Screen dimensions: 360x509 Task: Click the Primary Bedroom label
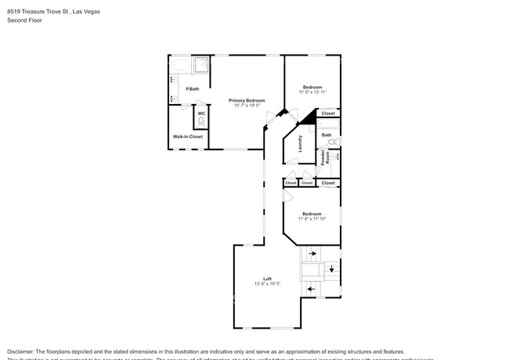coord(247,100)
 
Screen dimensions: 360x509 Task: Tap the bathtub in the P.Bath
coord(180,63)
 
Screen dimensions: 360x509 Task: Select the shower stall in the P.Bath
coord(202,63)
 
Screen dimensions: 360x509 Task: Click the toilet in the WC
coord(201,121)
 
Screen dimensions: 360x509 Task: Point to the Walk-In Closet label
coord(188,136)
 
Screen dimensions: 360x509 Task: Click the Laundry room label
coord(299,144)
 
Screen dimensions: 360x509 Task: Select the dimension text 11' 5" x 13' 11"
coord(312,92)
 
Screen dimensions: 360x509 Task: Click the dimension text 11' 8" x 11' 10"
coord(312,218)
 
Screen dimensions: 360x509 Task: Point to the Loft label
coord(267,279)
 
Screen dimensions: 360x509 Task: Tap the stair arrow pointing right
coord(312,253)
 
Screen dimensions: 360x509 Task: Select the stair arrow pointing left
coord(312,289)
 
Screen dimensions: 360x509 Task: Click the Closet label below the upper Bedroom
coord(328,113)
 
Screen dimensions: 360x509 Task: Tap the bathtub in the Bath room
coord(328,124)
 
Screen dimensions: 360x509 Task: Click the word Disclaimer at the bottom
coord(23,351)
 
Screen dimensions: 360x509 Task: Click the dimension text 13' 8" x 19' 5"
coord(267,284)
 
